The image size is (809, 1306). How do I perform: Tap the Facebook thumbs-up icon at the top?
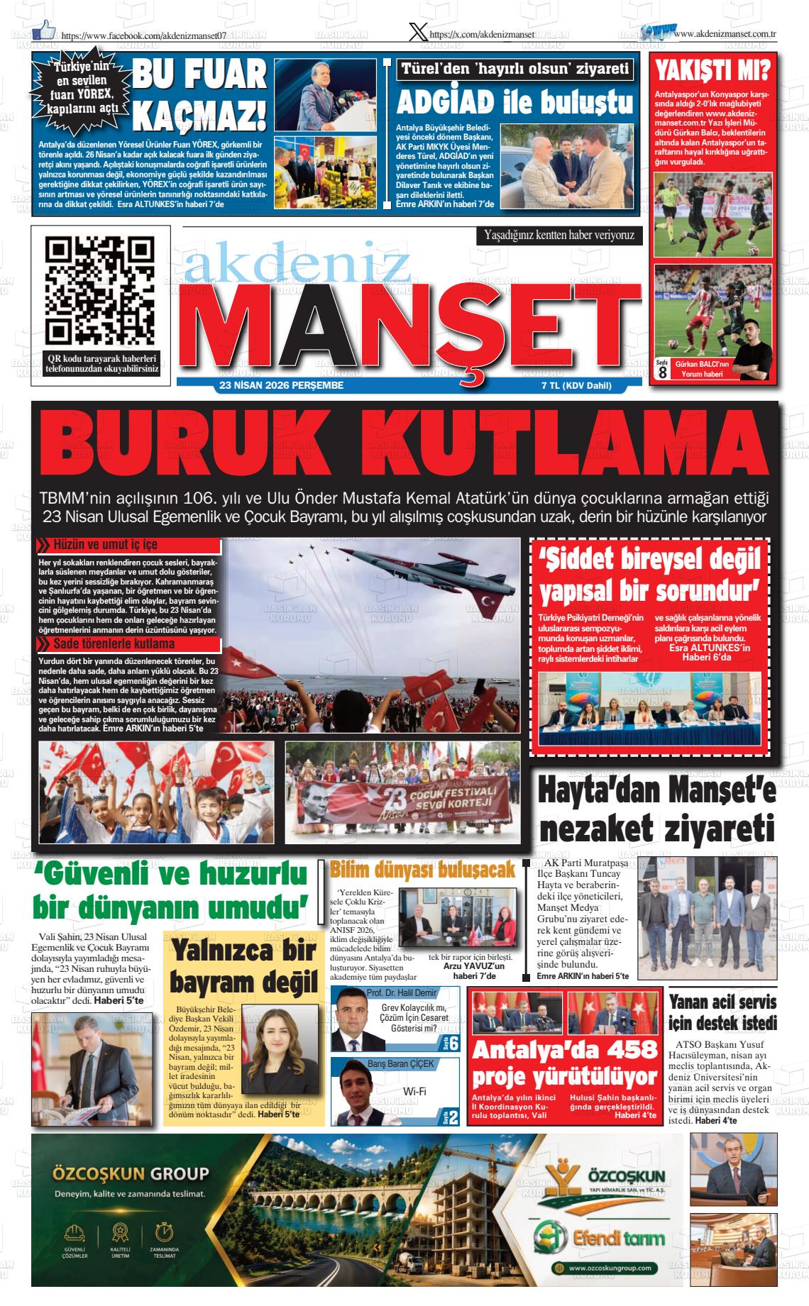44,29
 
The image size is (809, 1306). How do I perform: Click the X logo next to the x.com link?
419,32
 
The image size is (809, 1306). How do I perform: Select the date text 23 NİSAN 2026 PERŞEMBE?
282,385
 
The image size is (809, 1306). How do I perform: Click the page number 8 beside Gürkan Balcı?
662,372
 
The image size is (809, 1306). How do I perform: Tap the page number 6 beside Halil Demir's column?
453,1043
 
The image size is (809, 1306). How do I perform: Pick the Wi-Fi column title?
414,1091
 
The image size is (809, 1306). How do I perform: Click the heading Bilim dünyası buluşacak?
423,870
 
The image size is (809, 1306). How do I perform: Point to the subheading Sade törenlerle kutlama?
114,644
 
